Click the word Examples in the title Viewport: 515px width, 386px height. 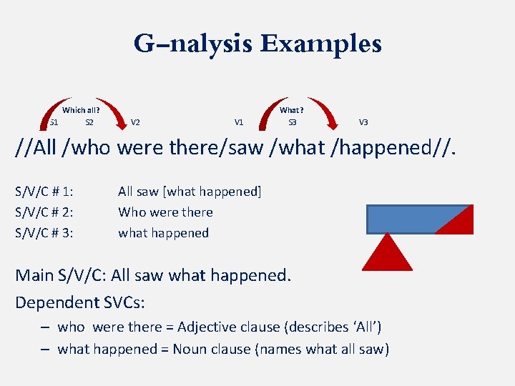point(320,44)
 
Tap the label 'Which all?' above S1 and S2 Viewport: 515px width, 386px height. point(81,110)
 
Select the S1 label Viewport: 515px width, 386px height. point(54,122)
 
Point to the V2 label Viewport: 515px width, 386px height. point(135,122)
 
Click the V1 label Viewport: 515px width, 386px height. point(239,122)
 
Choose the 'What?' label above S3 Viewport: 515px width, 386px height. point(292,110)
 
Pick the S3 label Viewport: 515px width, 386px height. point(292,122)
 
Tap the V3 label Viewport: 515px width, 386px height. point(363,122)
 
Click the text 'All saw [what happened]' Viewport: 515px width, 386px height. point(190,192)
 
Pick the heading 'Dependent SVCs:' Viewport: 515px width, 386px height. point(80,302)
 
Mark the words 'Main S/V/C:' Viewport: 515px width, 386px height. point(61,275)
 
